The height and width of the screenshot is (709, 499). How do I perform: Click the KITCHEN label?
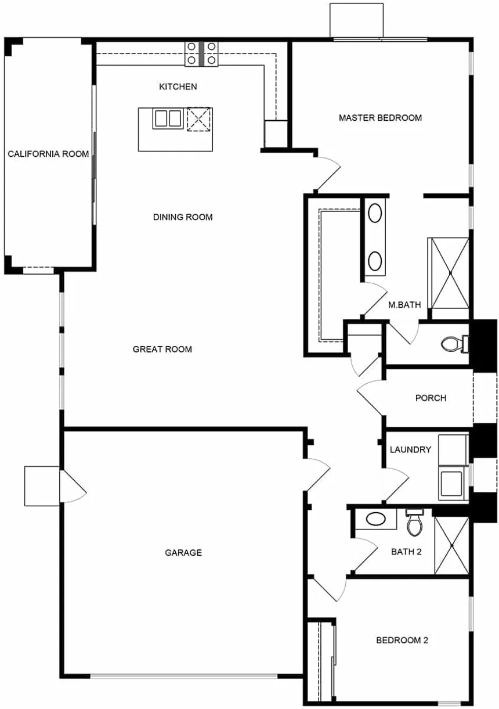(178, 87)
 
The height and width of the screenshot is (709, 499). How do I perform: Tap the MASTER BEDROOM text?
(380, 118)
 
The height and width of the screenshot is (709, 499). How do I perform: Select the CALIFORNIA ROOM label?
(48, 154)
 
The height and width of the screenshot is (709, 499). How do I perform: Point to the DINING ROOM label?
(183, 217)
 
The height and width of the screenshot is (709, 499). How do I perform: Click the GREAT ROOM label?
(162, 349)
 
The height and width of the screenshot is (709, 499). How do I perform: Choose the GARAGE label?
(183, 552)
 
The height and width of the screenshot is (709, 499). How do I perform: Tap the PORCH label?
(431, 398)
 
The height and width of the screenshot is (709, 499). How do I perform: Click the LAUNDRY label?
(410, 449)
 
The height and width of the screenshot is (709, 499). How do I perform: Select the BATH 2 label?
(406, 552)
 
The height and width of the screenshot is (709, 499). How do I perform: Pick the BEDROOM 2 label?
(402, 640)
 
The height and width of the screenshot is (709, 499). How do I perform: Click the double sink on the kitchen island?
(167, 118)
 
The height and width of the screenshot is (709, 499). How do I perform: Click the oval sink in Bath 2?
(375, 519)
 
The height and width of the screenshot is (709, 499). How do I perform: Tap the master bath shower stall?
(448, 273)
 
